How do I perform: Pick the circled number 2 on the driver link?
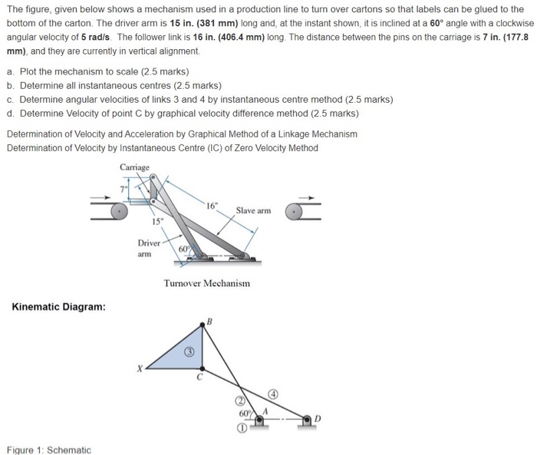coord(241,401)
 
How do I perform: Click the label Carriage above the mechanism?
coord(135,167)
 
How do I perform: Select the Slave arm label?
coord(253,210)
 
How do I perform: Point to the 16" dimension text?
coord(212,204)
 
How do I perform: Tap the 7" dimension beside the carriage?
coord(121,186)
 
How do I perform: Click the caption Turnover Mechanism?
coord(206,283)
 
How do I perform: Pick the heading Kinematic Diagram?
coord(58,308)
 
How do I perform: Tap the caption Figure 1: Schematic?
coord(48,449)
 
